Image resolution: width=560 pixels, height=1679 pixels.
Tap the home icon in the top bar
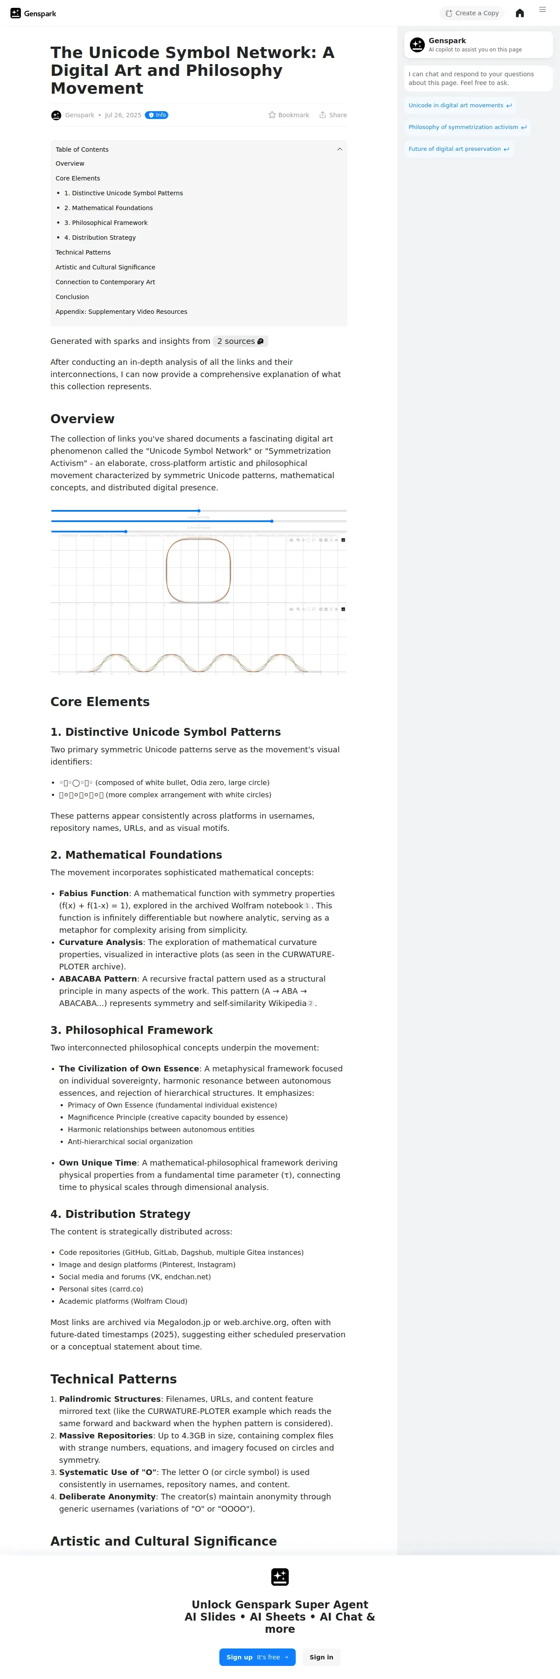coord(519,13)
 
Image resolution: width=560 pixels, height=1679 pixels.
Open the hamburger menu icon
coord(543,10)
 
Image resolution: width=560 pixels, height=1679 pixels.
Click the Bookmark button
coord(289,116)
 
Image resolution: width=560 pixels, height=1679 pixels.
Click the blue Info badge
coord(157,116)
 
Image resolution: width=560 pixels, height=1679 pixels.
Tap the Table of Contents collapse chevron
coord(339,149)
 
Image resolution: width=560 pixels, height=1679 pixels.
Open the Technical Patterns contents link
coord(83,252)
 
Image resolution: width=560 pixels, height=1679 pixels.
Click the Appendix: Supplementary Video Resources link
coord(121,312)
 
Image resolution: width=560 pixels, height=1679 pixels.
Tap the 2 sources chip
coord(240,341)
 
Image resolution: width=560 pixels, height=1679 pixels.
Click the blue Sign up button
coord(257,1657)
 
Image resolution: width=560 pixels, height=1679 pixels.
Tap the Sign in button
coord(321,1657)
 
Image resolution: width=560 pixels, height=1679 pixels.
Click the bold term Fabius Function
coord(94,894)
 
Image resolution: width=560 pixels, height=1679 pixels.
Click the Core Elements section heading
coord(100,702)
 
